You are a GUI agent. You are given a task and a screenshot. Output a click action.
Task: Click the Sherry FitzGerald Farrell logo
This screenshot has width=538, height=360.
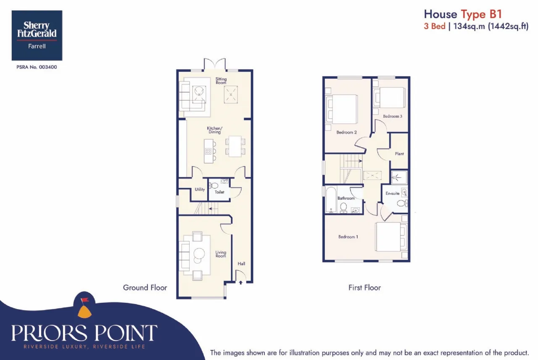(x=37, y=36)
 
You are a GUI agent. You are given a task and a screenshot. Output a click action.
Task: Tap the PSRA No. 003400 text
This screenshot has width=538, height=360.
(x=37, y=67)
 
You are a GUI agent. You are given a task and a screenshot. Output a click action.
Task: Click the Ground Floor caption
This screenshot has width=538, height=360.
(x=145, y=288)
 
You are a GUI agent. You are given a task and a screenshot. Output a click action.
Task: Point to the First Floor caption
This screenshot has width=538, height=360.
(x=364, y=288)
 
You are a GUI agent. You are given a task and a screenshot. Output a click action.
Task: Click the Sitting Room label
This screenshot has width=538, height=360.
(x=221, y=81)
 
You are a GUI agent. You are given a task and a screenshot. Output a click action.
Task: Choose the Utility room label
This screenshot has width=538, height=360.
(x=200, y=189)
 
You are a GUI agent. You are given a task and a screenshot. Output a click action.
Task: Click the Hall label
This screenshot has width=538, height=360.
(x=241, y=264)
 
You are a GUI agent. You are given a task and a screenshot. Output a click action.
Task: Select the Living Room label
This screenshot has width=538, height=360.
(x=221, y=254)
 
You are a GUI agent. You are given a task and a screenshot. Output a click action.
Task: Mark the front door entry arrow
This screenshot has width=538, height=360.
(x=241, y=283)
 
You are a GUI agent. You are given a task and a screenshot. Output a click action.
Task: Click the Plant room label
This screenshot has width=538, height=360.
(x=399, y=154)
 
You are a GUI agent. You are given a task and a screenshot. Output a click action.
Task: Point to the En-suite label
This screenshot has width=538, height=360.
(x=393, y=193)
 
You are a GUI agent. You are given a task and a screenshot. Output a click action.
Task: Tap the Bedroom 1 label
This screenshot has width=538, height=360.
(x=348, y=237)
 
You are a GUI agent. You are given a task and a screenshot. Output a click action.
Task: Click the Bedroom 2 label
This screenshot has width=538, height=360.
(x=346, y=132)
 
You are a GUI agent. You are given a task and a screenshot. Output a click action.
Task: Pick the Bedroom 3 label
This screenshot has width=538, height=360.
(x=393, y=116)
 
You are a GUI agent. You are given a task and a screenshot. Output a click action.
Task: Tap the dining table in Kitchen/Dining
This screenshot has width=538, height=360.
(x=235, y=146)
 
